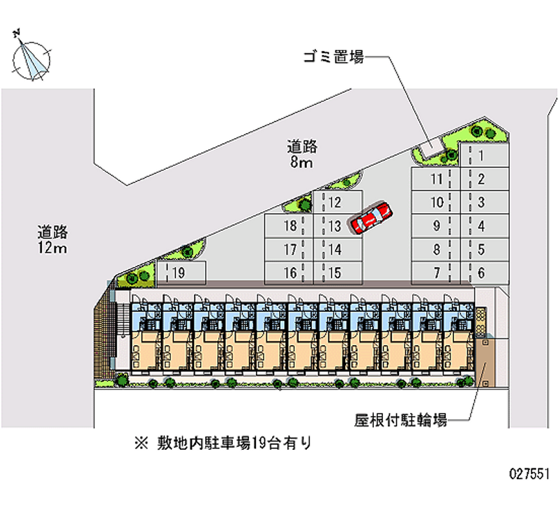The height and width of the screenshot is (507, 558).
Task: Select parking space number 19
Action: tap(180, 273)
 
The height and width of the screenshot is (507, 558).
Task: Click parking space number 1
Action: tap(483, 156)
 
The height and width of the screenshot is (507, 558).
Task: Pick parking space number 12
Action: tap(335, 203)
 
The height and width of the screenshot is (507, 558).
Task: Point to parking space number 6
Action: tap(483, 273)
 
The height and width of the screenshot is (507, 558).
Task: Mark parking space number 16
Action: tap(289, 273)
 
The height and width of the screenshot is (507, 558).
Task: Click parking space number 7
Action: tap(436, 273)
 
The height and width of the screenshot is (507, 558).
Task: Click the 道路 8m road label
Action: tap(302, 155)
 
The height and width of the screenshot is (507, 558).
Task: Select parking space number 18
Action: tap(289, 226)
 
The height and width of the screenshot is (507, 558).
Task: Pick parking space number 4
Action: tap(483, 226)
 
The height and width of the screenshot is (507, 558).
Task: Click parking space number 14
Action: tap(335, 249)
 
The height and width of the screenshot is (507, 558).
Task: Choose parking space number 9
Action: tap(436, 226)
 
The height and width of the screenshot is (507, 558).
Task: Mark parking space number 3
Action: tap(483, 203)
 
